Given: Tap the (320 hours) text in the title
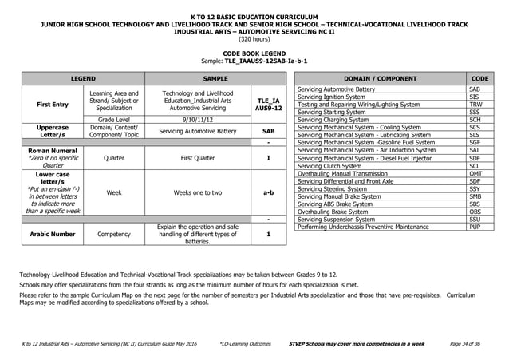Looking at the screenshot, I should pos(254,37).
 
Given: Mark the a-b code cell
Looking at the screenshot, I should pos(269,192).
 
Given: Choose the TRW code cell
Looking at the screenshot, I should pos(475,105).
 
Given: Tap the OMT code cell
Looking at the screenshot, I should pos(475,173).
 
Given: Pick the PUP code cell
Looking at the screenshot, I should pos(475,227).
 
